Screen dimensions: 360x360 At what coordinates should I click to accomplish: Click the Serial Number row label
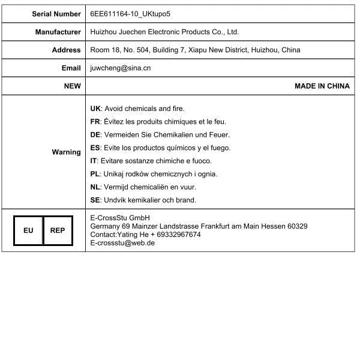tap(56, 13)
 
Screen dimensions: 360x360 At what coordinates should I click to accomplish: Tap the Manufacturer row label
tap(58, 32)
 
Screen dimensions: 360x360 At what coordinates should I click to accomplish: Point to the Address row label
tap(66, 50)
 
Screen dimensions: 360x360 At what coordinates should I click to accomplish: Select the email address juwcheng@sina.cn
tap(120, 68)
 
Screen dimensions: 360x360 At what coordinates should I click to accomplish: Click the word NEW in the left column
tap(72, 86)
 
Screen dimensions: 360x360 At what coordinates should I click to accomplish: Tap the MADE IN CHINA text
tap(322, 86)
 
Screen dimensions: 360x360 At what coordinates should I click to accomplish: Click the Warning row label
tap(66, 152)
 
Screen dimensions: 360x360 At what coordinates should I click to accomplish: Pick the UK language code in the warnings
tap(95, 109)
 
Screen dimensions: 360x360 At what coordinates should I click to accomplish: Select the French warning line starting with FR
tap(158, 122)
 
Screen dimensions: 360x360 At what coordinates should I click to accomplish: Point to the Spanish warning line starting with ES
tap(160, 148)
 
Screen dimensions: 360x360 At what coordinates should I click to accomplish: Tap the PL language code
tap(95, 174)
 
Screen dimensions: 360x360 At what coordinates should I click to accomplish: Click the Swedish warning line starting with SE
tap(151, 200)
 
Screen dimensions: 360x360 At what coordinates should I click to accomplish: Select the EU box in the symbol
tap(28, 230)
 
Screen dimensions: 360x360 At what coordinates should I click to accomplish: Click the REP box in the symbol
tap(58, 230)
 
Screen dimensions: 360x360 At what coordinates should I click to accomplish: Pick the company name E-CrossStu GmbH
tap(120, 218)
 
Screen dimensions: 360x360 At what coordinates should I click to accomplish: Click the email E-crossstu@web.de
tap(122, 243)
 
